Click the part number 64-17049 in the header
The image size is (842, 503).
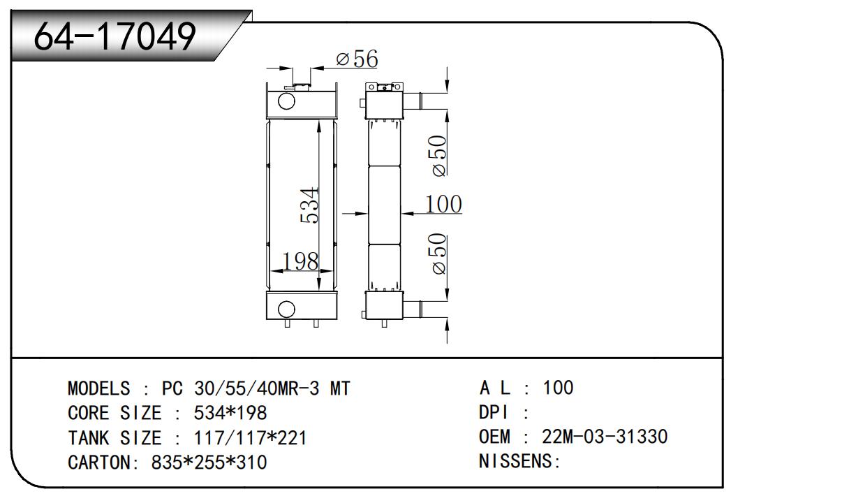115,37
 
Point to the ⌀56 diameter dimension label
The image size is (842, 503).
357,59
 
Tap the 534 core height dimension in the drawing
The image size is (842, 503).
310,205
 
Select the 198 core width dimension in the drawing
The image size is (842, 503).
300,261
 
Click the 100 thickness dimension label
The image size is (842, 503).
443,204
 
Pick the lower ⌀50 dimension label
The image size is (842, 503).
438,254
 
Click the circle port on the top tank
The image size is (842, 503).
287,101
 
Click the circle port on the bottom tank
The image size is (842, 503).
286,308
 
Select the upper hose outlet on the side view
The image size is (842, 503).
418,101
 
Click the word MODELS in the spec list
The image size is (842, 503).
98,388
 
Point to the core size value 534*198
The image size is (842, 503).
230,413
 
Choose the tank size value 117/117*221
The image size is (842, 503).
249,438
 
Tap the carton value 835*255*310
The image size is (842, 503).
209,462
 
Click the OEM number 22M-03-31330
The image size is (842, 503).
605,437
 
